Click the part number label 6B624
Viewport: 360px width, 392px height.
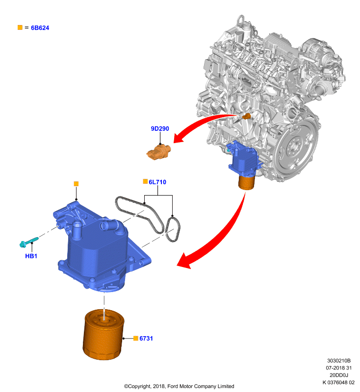click(40, 28)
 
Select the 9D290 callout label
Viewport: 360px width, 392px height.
click(160, 128)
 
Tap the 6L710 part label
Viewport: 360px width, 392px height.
click(157, 182)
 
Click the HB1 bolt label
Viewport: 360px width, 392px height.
click(31, 256)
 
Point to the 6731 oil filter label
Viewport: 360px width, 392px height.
click(146, 338)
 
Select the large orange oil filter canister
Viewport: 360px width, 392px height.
click(103, 335)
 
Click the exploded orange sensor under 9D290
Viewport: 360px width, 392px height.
click(158, 152)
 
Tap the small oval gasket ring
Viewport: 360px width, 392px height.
click(172, 229)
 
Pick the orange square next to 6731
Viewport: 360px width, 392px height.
click(136, 338)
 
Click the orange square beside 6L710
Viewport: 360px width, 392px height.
click(145, 181)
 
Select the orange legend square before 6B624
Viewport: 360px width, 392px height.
click(20, 27)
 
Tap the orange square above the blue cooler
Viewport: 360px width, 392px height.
click(77, 184)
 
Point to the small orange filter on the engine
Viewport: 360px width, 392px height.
click(247, 182)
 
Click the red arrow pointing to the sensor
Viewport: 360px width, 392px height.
click(200, 124)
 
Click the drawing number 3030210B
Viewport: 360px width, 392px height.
click(339, 361)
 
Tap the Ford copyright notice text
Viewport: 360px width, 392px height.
click(179, 386)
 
